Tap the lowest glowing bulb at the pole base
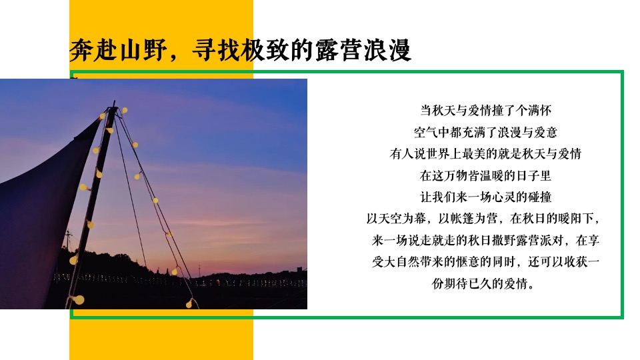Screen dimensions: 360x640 [79, 299]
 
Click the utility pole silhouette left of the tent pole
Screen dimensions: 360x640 [67, 240]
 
